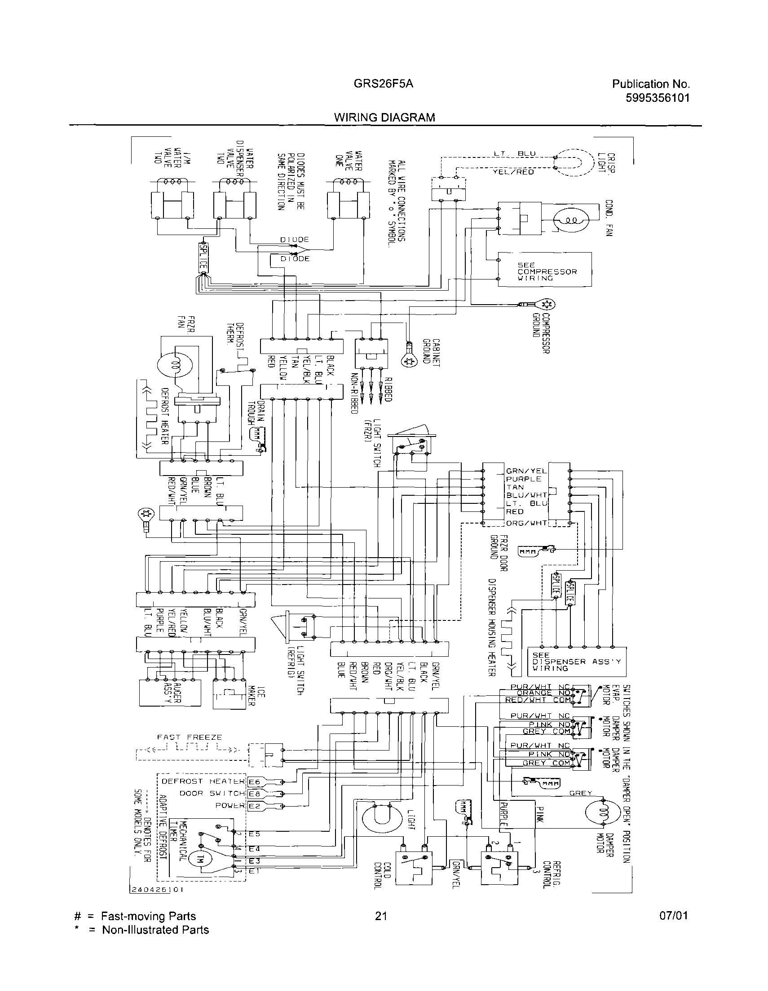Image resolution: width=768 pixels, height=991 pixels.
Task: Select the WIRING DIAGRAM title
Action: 384,118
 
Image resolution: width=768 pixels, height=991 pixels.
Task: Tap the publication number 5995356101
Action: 657,97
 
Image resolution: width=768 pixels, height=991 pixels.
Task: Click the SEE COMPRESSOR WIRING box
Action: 544,270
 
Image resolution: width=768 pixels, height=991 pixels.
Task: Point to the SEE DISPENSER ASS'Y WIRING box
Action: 576,662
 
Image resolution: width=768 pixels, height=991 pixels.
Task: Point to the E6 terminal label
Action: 253,781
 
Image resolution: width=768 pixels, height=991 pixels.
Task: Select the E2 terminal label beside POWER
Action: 253,806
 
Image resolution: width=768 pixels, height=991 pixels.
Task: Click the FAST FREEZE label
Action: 190,738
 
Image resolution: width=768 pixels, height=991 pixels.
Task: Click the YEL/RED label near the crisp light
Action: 513,172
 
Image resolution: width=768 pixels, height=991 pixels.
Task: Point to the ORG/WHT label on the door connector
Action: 527,523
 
